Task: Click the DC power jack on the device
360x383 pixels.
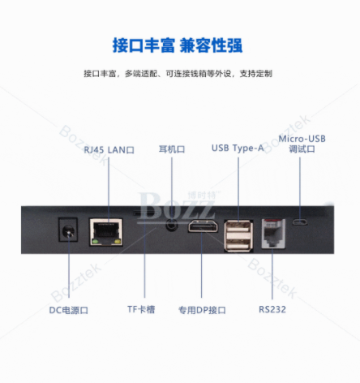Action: pos(68,230)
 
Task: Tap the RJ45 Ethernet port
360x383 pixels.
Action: pos(106,232)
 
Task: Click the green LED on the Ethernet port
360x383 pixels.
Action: pos(95,241)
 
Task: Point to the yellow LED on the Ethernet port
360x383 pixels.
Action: pos(118,241)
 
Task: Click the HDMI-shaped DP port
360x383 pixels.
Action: pos(203,226)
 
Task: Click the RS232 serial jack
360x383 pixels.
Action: pos(273,234)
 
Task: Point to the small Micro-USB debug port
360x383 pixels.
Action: pos(300,222)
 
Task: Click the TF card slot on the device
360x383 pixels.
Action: pos(143,213)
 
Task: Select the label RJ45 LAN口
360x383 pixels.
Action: pos(109,150)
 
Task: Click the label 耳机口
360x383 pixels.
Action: pos(172,149)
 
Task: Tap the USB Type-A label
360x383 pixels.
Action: pos(238,148)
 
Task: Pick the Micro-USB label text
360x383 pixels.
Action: pos(302,139)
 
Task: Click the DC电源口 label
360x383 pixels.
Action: pos(69,310)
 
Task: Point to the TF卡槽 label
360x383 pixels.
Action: pos(141,309)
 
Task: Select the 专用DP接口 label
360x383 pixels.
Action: pos(202,310)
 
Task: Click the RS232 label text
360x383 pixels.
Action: pos(272,309)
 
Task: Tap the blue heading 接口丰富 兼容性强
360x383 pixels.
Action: pos(178,45)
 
